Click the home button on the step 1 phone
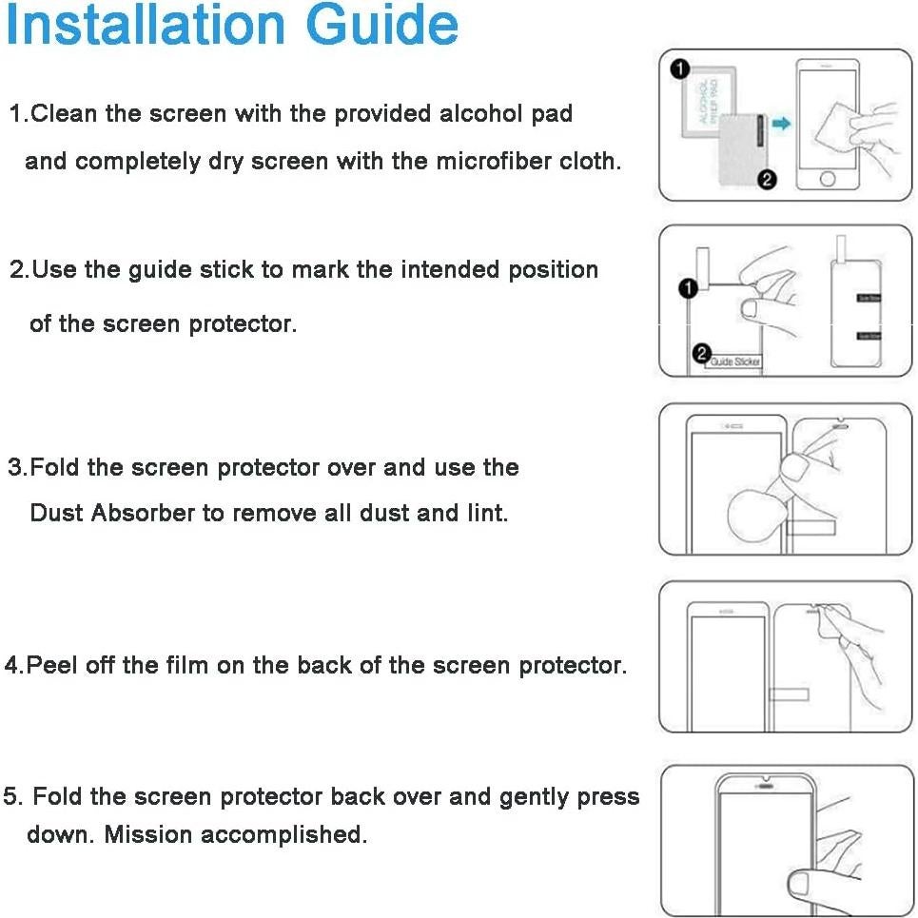pyautogui.click(x=828, y=179)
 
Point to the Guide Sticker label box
pyautogui.click(x=733, y=361)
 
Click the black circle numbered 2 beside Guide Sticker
pyautogui.click(x=702, y=354)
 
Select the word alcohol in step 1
pyautogui.click(x=481, y=114)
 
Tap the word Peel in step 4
pyautogui.click(x=52, y=665)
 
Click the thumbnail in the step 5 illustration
pyautogui.click(x=798, y=883)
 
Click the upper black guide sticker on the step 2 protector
pyautogui.click(x=869, y=298)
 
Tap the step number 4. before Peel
pyautogui.click(x=13, y=665)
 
